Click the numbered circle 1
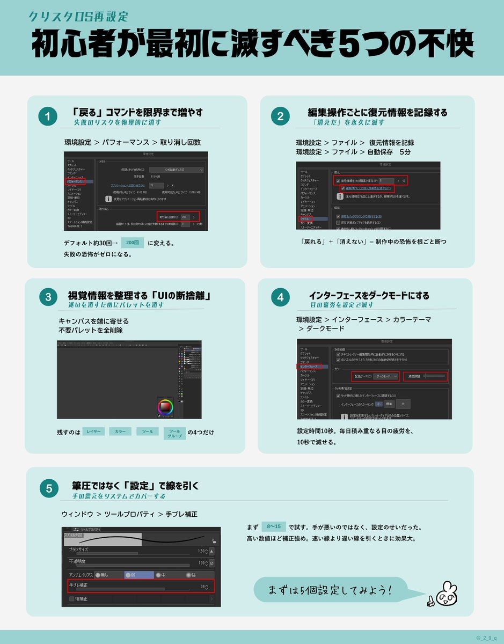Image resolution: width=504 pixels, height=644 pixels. [x=48, y=116]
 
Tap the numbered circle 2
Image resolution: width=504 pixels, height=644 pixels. [x=280, y=116]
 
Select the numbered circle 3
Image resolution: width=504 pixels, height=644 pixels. [x=48, y=297]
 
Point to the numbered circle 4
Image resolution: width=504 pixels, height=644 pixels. [x=280, y=297]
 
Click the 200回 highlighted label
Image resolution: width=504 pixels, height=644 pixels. [x=133, y=243]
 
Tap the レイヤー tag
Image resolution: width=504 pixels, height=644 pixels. [x=94, y=431]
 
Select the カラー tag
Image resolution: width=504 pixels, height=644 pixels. [x=120, y=431]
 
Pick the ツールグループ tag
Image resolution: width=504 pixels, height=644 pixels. [x=174, y=433]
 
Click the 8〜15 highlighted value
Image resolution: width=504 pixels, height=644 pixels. [x=274, y=526]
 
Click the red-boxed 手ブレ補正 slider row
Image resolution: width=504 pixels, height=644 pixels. [x=141, y=586]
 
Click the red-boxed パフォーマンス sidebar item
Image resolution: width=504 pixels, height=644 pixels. [x=78, y=182]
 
